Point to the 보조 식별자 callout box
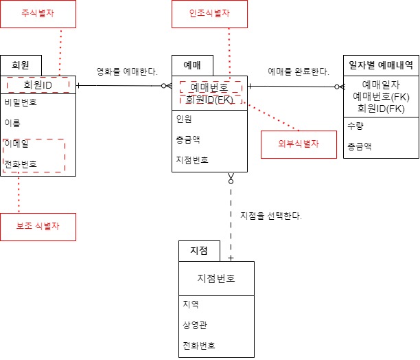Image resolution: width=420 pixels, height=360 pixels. tap(37, 226)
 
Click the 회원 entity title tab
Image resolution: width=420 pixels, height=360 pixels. tap(21, 65)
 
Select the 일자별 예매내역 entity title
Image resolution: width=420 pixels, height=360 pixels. tap(381, 65)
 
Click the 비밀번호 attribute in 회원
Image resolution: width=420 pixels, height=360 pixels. tap(21, 104)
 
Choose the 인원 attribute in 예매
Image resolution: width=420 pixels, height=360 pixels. tap(184, 118)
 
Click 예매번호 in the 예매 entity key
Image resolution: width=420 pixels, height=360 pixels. tap(209, 87)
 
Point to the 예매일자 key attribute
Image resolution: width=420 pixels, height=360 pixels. tap(380, 85)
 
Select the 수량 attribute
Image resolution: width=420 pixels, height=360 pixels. tap(356, 126)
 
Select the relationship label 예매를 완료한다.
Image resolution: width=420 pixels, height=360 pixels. tap(298, 71)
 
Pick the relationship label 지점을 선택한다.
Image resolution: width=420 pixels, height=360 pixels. tap(271, 216)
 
